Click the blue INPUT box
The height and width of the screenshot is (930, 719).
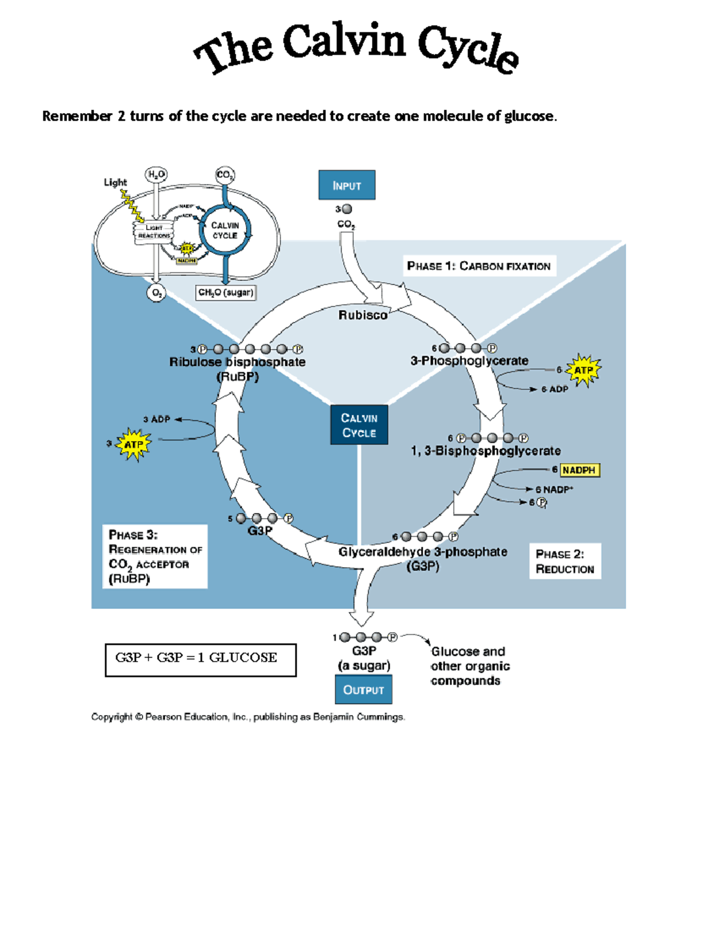(x=346, y=185)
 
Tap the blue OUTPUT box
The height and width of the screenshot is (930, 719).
(x=363, y=689)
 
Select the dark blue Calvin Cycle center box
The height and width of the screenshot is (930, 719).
(x=359, y=425)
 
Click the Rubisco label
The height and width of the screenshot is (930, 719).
(x=362, y=315)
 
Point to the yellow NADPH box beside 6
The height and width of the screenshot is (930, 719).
(x=579, y=470)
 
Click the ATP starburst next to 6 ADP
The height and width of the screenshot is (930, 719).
(x=583, y=370)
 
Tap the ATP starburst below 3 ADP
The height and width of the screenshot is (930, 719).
(x=133, y=444)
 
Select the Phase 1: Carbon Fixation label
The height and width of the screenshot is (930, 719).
(x=478, y=266)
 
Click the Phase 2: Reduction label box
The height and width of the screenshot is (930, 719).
(x=564, y=561)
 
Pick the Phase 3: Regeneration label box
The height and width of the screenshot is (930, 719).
(x=155, y=556)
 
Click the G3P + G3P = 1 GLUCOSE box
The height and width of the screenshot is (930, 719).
(x=200, y=659)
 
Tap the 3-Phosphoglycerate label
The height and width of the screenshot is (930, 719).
(x=469, y=361)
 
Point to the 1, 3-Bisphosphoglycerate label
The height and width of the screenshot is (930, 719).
(x=485, y=451)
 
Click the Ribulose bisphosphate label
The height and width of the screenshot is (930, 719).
(x=237, y=362)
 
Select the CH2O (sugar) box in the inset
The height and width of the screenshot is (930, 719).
(x=226, y=292)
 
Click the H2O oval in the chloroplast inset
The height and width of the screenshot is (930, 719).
(x=156, y=174)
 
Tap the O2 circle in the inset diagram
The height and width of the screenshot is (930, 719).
(x=156, y=293)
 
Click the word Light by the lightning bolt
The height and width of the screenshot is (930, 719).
(x=115, y=182)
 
